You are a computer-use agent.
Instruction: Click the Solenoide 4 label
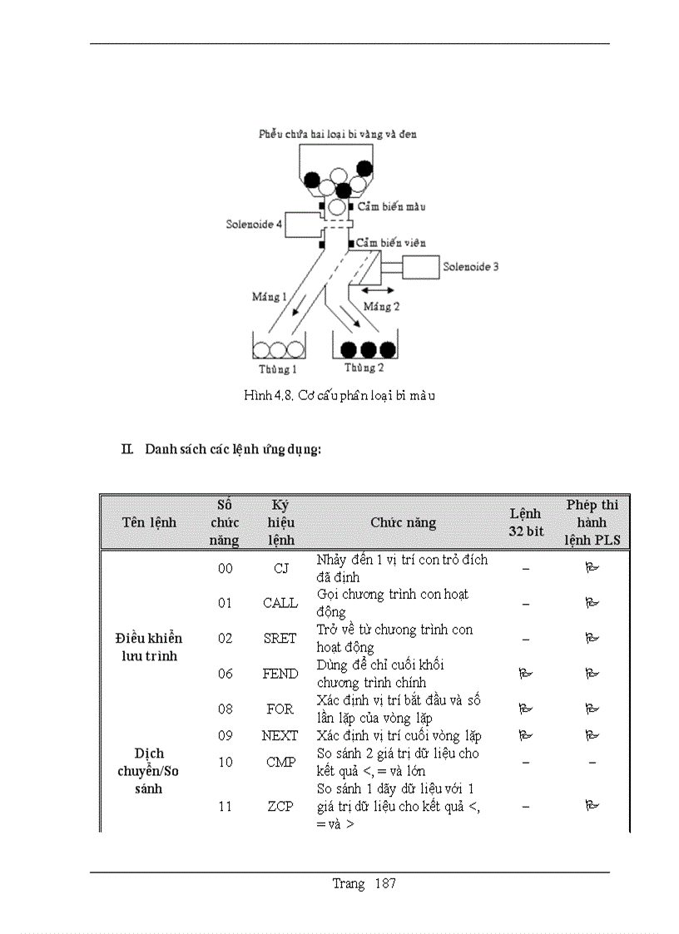[x=254, y=225]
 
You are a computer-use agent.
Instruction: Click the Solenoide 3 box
[x=420, y=267]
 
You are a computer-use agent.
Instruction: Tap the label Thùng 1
[x=276, y=369]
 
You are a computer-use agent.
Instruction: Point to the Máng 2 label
[x=382, y=307]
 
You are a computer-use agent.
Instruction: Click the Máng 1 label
[x=270, y=296]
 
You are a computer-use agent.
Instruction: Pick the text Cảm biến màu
[x=391, y=207]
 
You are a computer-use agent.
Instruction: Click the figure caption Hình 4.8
[x=339, y=396]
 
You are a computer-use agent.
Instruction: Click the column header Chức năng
[x=403, y=522]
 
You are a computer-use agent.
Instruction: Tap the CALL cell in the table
[x=280, y=603]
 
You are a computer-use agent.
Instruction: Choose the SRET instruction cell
[x=280, y=638]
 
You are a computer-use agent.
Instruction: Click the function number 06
[x=226, y=674]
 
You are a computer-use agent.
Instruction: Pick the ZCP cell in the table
[x=280, y=806]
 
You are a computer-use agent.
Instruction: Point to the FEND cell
[x=280, y=674]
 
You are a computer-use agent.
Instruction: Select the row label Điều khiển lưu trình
[x=148, y=647]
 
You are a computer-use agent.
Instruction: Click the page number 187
[x=385, y=883]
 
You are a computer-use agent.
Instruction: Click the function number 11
[x=226, y=806]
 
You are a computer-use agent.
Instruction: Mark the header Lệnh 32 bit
[x=526, y=522]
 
